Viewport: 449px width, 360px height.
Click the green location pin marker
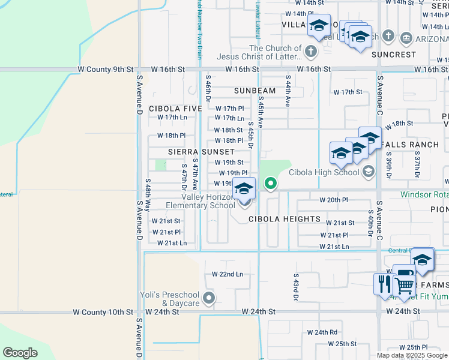[271, 184]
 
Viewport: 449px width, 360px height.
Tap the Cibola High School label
[323, 172]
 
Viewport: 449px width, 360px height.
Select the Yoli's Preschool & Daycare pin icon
[209, 298]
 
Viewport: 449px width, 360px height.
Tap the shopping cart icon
[405, 285]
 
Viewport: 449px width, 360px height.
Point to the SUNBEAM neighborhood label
[255, 91]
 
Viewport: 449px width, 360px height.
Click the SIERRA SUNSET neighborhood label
[200, 152]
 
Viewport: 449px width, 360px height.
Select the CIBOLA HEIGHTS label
[285, 219]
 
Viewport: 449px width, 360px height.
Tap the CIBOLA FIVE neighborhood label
[176, 109]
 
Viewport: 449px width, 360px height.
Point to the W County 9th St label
[106, 70]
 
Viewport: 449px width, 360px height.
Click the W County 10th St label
[103, 312]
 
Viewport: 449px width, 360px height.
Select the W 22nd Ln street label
[228, 274]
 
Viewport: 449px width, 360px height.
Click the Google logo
[20, 353]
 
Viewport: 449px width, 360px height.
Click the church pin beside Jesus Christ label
[311, 52]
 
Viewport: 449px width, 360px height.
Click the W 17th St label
[348, 92]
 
